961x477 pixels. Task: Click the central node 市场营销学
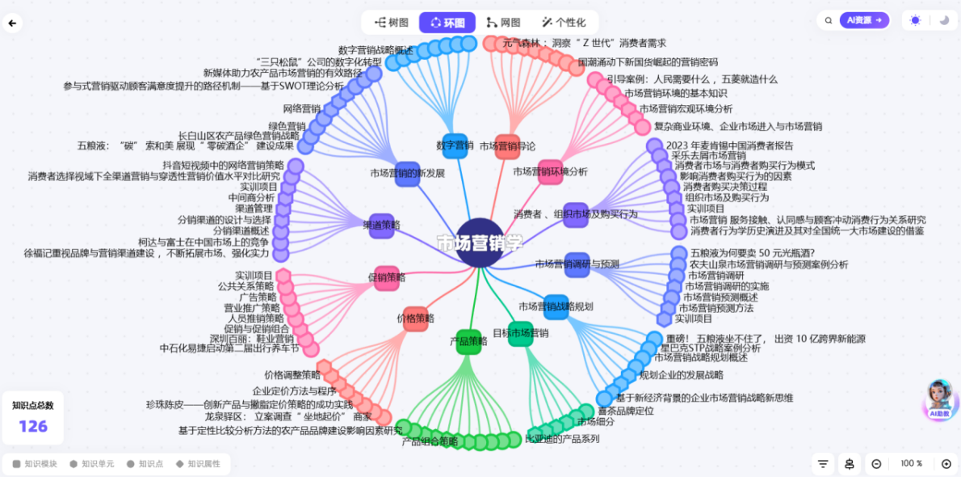click(480, 243)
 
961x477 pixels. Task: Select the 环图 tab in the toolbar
click(447, 23)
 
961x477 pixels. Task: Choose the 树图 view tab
click(392, 23)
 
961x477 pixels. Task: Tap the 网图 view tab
click(503, 23)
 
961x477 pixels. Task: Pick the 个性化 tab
click(564, 23)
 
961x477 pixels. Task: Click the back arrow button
click(12, 23)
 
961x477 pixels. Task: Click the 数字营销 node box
click(455, 146)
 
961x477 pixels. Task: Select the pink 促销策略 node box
click(386, 278)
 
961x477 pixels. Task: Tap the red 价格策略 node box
click(415, 319)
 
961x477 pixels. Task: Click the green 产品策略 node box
click(468, 341)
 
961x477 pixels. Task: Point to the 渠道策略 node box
click(382, 225)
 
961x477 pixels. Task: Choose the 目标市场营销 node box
click(521, 333)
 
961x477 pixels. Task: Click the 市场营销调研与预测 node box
click(577, 264)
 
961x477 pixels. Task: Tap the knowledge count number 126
click(33, 426)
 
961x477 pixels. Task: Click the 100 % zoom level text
click(911, 463)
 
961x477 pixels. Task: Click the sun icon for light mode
click(915, 20)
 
